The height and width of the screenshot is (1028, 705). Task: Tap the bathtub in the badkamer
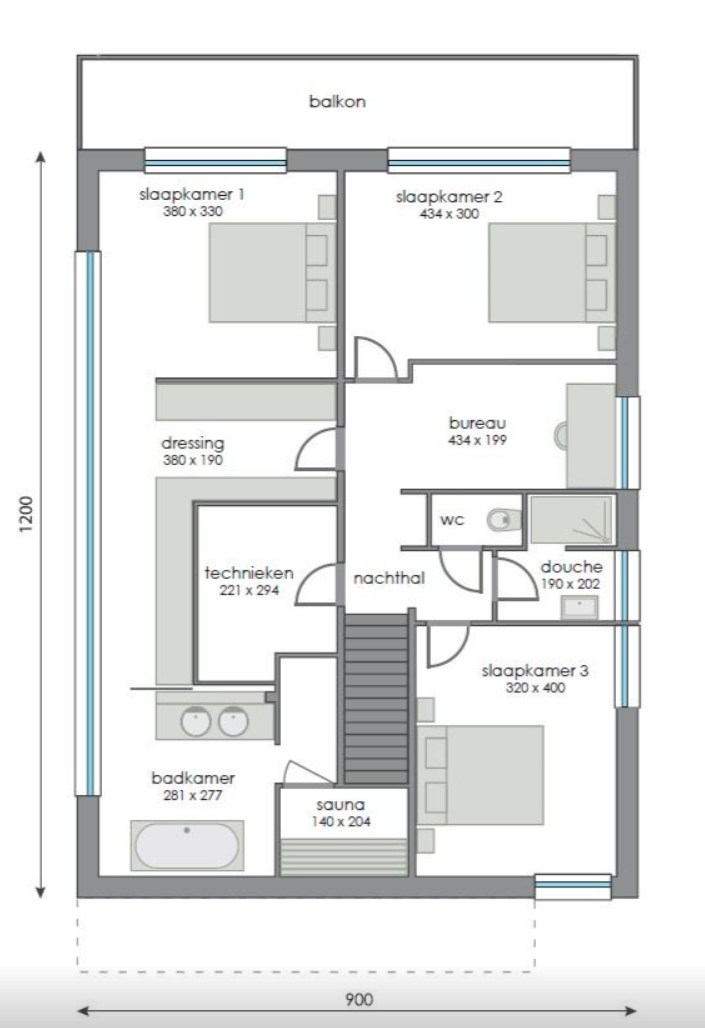pyautogui.click(x=187, y=846)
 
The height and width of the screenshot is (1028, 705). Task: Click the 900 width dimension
pyautogui.click(x=359, y=999)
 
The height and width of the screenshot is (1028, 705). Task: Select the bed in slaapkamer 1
pyautogui.click(x=257, y=273)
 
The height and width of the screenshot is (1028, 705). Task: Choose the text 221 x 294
pyautogui.click(x=249, y=590)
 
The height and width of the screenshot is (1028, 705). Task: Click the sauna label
pyautogui.click(x=342, y=804)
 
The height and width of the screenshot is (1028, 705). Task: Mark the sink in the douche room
pyautogui.click(x=579, y=607)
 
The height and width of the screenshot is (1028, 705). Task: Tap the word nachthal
pyautogui.click(x=382, y=578)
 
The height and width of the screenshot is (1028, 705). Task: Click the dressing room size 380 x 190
pyautogui.click(x=192, y=461)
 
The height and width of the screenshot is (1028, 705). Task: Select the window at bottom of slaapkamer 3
pyautogui.click(x=572, y=886)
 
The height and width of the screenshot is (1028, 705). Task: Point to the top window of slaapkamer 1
pyautogui.click(x=215, y=160)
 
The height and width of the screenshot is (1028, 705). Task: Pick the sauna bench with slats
pyautogui.click(x=342, y=856)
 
